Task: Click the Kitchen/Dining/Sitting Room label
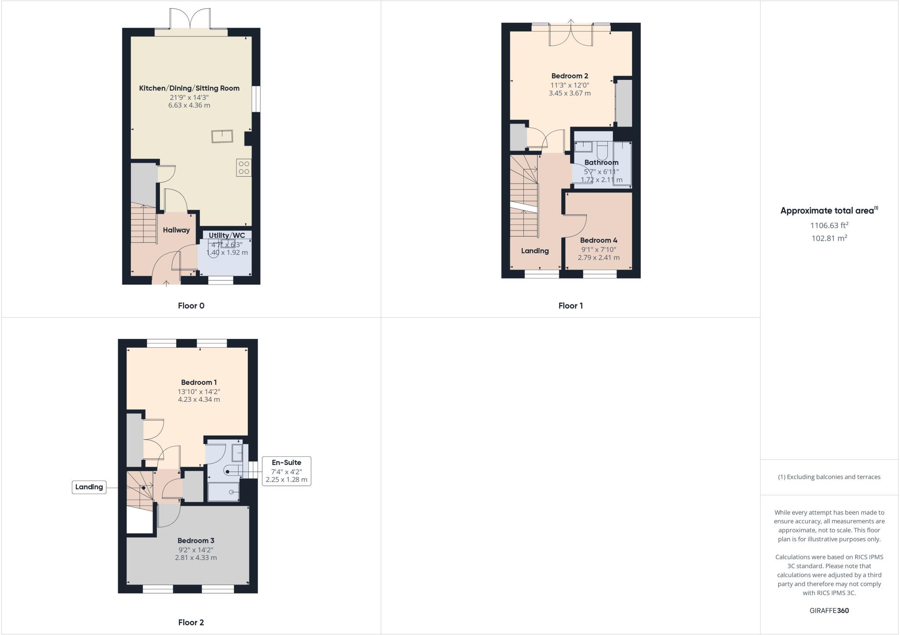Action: click(189, 88)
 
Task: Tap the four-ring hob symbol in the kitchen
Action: click(244, 167)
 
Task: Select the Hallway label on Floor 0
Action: click(176, 230)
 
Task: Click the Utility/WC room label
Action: click(227, 235)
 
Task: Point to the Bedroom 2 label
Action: click(570, 76)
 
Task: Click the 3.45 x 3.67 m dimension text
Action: click(570, 93)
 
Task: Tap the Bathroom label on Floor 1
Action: click(601, 162)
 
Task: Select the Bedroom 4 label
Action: click(599, 240)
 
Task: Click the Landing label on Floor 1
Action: click(535, 251)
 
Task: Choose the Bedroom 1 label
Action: click(199, 382)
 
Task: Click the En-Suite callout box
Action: click(287, 471)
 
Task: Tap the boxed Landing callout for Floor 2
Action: click(89, 487)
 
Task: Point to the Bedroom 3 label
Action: click(196, 541)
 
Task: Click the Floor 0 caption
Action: click(191, 306)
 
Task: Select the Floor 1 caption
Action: click(570, 306)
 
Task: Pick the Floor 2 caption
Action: click(191, 622)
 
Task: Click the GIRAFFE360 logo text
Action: click(829, 610)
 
